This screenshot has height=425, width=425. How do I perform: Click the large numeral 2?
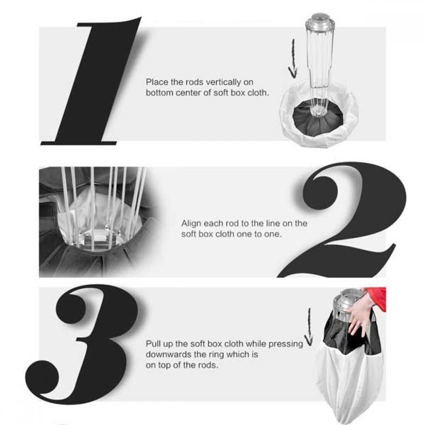click(342, 220)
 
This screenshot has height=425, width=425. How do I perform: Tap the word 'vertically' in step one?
click(223, 82)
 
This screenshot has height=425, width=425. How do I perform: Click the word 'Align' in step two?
click(191, 224)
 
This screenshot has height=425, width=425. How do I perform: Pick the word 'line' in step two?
click(273, 224)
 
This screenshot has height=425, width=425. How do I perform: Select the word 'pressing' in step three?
click(286, 344)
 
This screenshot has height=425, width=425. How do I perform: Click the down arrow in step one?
click(293, 58)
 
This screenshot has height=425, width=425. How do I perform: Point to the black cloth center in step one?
click(317, 119)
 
